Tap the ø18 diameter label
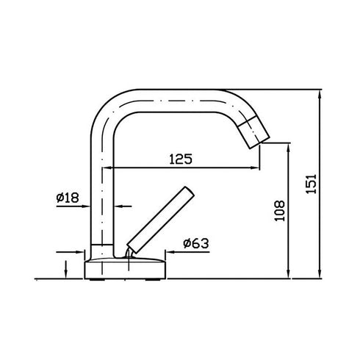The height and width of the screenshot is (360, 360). (68, 197)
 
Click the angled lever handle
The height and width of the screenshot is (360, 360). (160, 218)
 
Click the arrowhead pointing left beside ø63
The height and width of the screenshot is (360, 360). (167, 251)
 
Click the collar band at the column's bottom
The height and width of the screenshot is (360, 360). (102, 247)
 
